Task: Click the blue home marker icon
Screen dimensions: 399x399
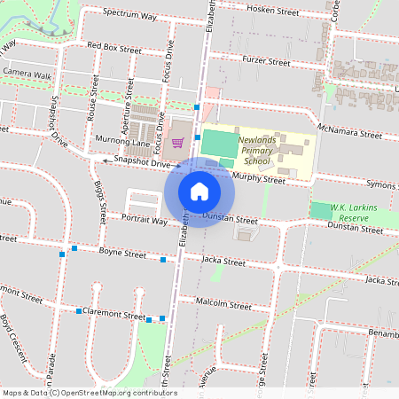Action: [x=199, y=191]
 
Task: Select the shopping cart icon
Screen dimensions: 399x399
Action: [x=177, y=140]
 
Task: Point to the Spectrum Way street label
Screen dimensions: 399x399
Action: [x=129, y=16]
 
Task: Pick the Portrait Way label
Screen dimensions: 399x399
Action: [x=145, y=221]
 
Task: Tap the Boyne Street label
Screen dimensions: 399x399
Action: [x=122, y=253]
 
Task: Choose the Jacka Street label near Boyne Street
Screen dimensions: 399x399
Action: [x=223, y=262]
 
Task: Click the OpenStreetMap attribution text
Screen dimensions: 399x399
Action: [x=90, y=392]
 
